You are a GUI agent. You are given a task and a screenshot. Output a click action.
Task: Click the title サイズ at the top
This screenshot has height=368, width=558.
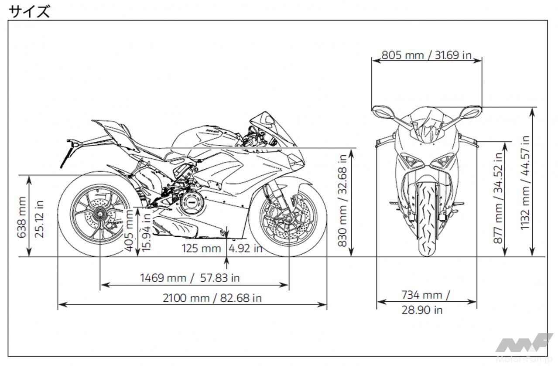(29, 11)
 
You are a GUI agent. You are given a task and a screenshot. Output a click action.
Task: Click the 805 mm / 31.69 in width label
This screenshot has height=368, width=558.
(427, 55)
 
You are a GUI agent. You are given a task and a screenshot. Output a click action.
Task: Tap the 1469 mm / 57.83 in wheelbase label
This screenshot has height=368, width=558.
(190, 278)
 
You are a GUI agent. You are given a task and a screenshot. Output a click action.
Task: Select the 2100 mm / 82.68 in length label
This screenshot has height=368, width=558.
(212, 298)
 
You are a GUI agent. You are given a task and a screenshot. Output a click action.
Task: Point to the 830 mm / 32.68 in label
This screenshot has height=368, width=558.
(342, 200)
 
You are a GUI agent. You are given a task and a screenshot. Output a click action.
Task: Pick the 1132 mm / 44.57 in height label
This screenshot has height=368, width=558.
(525, 183)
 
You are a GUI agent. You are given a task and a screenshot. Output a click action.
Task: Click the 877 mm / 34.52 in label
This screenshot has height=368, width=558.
(498, 198)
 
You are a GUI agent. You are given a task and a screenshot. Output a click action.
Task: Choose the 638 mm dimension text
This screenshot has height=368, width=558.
(21, 218)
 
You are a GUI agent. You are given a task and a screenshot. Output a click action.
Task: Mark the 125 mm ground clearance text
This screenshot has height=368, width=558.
(201, 248)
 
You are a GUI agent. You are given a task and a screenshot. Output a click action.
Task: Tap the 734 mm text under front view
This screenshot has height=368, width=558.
(425, 295)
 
